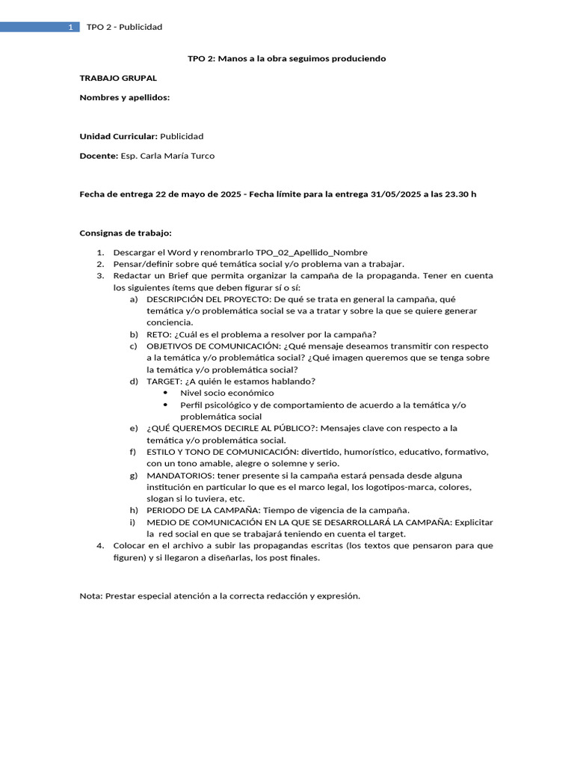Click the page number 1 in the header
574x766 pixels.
70,27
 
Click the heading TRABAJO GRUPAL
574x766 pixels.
118,78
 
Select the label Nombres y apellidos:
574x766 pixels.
125,97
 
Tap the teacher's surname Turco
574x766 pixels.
203,156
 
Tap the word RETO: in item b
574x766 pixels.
159,334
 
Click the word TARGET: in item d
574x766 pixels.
164,381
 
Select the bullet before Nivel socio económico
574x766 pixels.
165,393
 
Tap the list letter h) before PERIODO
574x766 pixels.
134,510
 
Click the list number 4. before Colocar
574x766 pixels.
100,545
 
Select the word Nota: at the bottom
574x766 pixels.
91,596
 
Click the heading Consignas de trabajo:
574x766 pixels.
126,233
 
